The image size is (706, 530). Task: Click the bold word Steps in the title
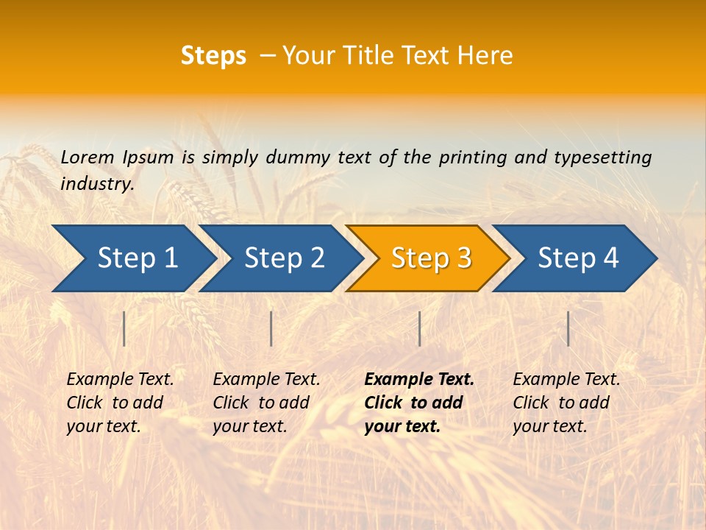[213, 56]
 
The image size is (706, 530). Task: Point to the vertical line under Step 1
[124, 328]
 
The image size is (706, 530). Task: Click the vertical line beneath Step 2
[271, 328]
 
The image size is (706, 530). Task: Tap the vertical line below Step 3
[419, 328]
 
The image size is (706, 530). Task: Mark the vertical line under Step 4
[568, 328]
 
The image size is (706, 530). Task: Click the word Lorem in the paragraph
[88, 158]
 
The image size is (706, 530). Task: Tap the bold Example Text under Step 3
[419, 380]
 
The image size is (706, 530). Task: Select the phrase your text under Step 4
[549, 426]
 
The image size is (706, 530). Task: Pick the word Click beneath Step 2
[231, 403]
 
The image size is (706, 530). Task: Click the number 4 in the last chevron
[610, 258]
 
